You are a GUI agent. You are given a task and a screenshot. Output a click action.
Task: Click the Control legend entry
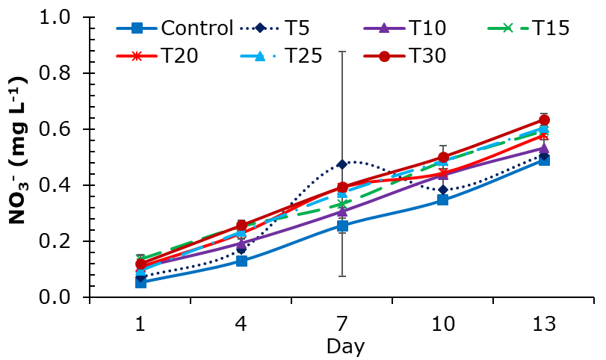click(x=175, y=28)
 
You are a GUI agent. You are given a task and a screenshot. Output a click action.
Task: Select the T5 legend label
click(x=297, y=28)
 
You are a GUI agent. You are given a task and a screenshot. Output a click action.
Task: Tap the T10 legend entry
click(x=427, y=28)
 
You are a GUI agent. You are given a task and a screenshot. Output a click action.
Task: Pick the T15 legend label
click(x=551, y=28)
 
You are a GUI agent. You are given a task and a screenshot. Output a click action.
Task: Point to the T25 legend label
click(x=303, y=56)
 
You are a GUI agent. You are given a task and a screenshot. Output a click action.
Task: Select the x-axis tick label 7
click(x=342, y=323)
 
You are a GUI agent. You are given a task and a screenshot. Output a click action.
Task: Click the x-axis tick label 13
click(x=544, y=323)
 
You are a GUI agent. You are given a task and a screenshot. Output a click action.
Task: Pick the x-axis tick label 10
click(x=443, y=323)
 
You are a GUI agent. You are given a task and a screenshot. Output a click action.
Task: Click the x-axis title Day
click(x=345, y=347)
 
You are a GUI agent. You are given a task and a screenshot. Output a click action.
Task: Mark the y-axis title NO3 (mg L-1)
click(x=19, y=151)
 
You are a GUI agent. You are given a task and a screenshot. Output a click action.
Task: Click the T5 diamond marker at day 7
click(x=342, y=164)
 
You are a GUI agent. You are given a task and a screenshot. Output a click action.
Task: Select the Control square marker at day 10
click(x=443, y=199)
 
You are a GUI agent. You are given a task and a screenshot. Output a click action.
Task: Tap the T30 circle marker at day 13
click(x=544, y=120)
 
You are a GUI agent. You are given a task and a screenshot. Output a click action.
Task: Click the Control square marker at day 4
click(x=241, y=261)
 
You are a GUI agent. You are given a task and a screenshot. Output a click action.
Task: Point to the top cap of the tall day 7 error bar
click(x=342, y=52)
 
